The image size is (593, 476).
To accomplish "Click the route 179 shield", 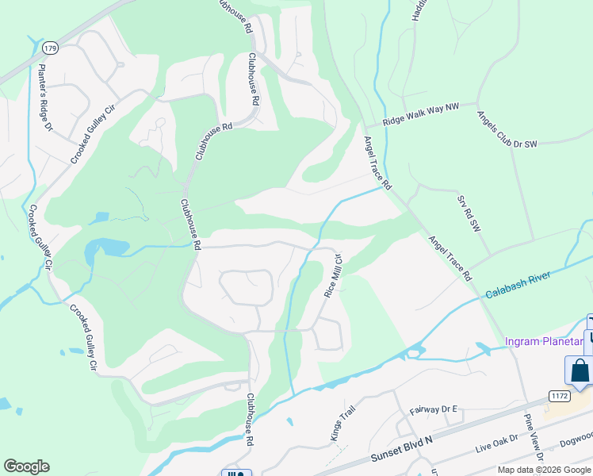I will coord(50,48).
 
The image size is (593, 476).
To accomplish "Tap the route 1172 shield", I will coord(558,394).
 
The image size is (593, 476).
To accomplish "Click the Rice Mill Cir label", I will coord(332,275).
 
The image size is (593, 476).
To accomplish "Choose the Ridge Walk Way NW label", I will coord(420,114).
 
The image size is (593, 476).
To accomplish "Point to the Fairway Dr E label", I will coord(434,409).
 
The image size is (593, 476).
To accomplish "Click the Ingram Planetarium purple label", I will coord(544,342).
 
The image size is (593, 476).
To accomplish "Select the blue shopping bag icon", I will coord(580,370).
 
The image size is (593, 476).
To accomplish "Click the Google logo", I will coord(26,466).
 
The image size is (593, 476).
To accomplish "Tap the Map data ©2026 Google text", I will coord(543,470).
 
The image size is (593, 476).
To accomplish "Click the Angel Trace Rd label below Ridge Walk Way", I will coord(377,161).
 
